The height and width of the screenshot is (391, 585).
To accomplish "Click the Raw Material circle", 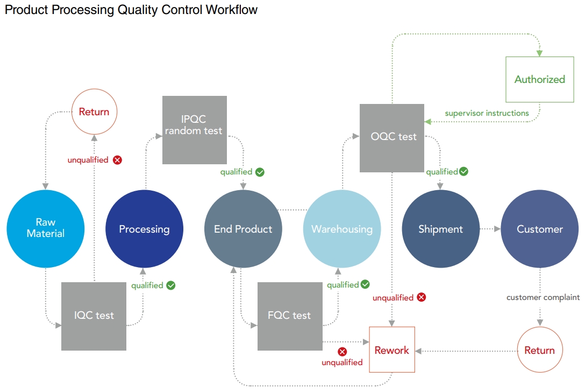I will [x=46, y=228].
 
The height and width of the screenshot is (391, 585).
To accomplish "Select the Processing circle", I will [x=144, y=229].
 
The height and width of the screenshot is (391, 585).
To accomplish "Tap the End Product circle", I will [x=243, y=229].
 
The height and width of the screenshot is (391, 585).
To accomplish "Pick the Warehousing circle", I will [x=342, y=229].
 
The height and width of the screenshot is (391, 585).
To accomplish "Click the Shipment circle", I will [x=441, y=229].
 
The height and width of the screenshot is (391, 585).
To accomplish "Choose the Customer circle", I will [x=539, y=229].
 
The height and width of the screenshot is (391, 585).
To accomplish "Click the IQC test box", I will [x=94, y=316].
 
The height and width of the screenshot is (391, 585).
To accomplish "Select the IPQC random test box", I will [x=194, y=130].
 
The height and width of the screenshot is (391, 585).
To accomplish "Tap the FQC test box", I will [x=290, y=316].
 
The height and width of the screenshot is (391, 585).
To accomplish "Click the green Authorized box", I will [x=539, y=79].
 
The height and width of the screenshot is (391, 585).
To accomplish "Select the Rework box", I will [x=391, y=350].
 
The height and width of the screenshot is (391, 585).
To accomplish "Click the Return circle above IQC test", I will [x=94, y=112].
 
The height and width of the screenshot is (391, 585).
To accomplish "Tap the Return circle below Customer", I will [x=539, y=350].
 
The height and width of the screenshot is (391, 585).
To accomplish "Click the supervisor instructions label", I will [x=487, y=113].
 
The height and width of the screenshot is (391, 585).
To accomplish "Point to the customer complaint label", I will [x=543, y=297].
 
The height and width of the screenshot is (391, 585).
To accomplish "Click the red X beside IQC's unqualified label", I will [x=117, y=160].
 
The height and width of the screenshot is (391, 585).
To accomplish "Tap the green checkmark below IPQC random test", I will [x=260, y=172].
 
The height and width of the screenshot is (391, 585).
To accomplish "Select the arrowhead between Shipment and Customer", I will [x=497, y=229].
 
